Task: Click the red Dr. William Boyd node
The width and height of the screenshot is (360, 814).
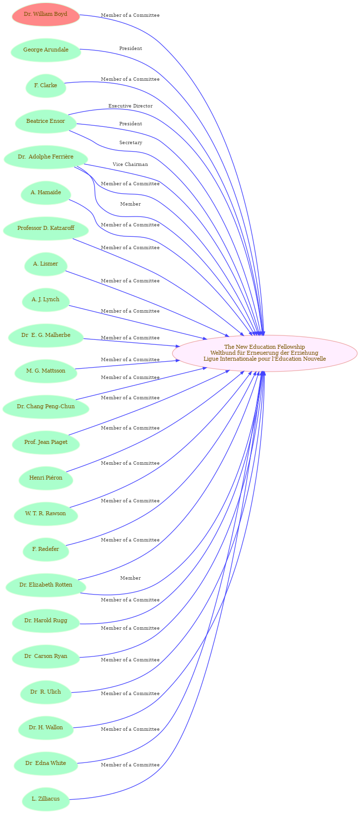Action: click(x=46, y=14)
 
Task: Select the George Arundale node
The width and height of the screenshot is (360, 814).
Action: click(x=46, y=50)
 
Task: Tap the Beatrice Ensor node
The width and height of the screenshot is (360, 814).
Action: click(x=46, y=121)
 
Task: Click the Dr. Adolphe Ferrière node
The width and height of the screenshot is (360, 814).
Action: click(x=46, y=157)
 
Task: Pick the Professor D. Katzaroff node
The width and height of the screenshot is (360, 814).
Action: click(x=46, y=228)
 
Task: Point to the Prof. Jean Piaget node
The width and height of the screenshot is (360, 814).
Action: click(x=46, y=442)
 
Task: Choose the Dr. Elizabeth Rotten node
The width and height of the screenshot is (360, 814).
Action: click(x=46, y=585)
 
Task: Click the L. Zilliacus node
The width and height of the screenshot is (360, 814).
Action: click(x=46, y=799)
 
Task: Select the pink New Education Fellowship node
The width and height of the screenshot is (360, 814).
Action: click(x=264, y=353)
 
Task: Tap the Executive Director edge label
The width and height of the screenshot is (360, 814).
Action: click(x=130, y=106)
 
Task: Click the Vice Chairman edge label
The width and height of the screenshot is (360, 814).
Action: click(x=130, y=164)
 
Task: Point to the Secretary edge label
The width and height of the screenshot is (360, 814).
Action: click(x=131, y=143)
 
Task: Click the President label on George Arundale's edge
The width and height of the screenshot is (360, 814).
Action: click(x=131, y=49)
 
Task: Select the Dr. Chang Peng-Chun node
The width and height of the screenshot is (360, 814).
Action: click(x=46, y=407)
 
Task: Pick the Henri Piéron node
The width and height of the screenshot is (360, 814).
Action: click(x=46, y=478)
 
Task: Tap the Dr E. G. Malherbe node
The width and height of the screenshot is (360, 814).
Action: click(x=46, y=335)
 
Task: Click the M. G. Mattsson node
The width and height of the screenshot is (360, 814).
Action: click(x=46, y=371)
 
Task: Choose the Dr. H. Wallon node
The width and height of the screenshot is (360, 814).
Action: click(x=46, y=727)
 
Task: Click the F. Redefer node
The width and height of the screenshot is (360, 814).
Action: click(x=46, y=549)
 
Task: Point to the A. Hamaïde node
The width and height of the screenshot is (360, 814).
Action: click(x=46, y=193)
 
